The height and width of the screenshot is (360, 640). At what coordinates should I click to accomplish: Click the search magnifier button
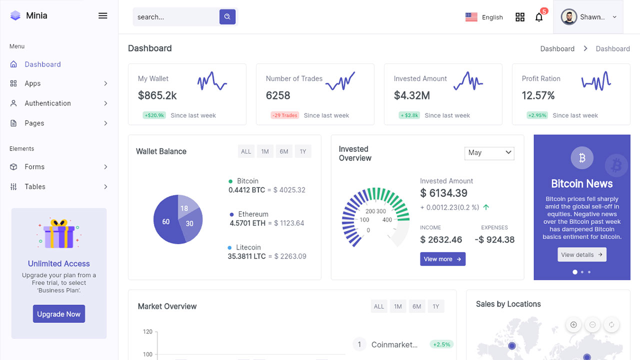(227, 16)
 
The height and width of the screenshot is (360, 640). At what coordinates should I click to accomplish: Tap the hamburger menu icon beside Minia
(103, 15)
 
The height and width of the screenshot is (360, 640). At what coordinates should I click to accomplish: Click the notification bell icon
(539, 17)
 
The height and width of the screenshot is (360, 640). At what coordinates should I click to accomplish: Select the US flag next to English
(471, 17)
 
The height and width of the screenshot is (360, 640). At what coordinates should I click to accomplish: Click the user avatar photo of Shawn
(569, 17)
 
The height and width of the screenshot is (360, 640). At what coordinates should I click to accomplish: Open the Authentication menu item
(48, 103)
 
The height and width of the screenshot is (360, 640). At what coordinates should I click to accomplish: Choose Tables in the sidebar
(35, 186)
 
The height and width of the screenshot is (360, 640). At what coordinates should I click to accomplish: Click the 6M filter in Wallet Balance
(284, 151)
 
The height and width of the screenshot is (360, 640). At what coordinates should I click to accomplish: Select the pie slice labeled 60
(166, 221)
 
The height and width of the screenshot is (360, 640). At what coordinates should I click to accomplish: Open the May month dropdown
(489, 152)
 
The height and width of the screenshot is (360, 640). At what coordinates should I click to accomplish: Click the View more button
(442, 259)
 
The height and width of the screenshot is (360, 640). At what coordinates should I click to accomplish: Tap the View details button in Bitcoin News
(582, 254)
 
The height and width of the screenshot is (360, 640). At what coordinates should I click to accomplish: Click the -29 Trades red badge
(285, 115)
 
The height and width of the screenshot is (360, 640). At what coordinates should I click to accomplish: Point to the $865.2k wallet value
(157, 95)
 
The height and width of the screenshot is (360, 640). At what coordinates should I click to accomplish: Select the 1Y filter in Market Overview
(436, 306)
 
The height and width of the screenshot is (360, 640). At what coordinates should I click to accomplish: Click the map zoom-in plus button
(573, 325)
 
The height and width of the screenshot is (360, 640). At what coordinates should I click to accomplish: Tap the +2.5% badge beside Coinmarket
(441, 344)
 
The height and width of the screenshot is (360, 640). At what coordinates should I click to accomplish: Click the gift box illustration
(59, 234)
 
